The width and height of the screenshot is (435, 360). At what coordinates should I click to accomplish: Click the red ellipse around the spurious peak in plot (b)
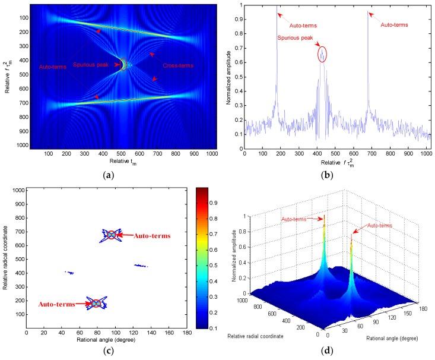322,54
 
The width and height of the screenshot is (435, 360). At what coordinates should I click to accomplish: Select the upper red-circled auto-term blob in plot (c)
110,235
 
